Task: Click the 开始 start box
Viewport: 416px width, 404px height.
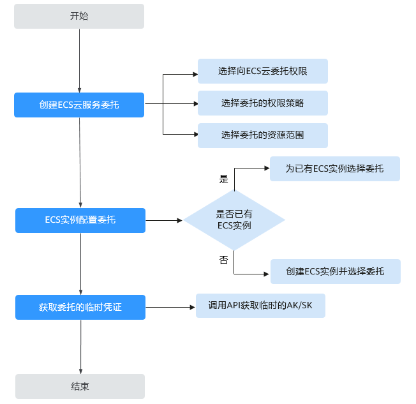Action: [79, 17]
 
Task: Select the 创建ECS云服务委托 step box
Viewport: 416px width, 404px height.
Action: [79, 105]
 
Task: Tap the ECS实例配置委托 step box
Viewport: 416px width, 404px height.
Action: [80, 220]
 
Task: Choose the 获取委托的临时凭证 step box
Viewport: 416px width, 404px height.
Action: [80, 307]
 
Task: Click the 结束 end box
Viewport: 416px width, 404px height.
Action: [80, 386]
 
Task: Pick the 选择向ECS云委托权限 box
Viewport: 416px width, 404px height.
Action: [262, 71]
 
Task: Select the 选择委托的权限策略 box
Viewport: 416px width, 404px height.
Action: [262, 103]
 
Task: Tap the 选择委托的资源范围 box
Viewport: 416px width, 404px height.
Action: [262, 135]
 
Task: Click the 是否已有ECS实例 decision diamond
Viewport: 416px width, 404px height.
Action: [234, 220]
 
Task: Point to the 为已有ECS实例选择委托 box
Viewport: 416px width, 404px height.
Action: [335, 168]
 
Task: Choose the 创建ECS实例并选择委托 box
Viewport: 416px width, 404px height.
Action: [336, 271]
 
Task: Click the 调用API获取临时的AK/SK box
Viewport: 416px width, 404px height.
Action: [261, 306]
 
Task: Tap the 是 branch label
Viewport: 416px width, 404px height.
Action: [223, 179]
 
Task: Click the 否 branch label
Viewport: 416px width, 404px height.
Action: [223, 260]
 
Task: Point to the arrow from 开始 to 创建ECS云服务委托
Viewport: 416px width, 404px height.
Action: [79, 61]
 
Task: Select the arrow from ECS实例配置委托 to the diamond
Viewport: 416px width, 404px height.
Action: [165, 220]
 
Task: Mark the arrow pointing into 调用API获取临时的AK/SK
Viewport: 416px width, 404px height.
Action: [170, 307]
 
